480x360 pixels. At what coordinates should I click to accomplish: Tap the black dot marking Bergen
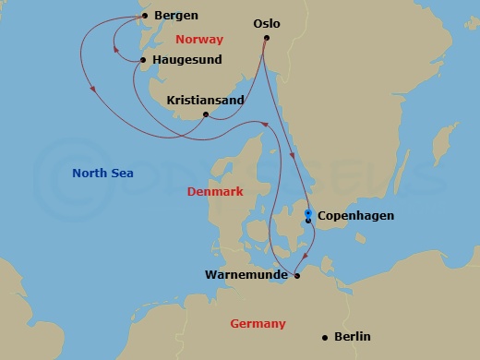pos(144,16)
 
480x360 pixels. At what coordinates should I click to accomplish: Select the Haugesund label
pos(188,60)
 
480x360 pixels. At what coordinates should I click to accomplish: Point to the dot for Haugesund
pos(143,61)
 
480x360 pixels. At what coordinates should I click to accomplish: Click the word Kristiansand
pos(205,100)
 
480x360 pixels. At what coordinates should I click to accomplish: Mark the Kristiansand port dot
pos(205,114)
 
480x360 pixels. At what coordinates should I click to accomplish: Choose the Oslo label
pos(266,23)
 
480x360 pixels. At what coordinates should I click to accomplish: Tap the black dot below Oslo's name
pos(266,38)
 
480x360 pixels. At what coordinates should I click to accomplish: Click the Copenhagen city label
pos(355,216)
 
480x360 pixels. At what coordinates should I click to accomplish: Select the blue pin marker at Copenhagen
pos(307,214)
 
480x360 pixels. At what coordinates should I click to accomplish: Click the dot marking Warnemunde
pos(296,274)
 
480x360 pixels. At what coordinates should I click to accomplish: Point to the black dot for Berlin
pos(324,337)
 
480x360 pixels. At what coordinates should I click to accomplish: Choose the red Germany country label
pos(258,323)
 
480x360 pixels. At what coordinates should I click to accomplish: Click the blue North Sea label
pos(102,172)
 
